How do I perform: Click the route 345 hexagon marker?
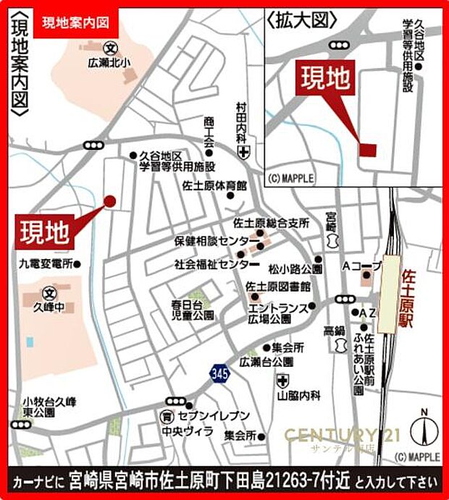point(218,373)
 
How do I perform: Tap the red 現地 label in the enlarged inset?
point(326,77)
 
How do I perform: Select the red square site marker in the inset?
point(368,149)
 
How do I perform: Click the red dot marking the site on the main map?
point(110,201)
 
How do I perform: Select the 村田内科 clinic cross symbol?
point(244,152)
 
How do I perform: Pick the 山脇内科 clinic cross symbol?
point(282,381)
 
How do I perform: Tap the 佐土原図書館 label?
point(278,286)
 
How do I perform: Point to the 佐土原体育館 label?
point(215,185)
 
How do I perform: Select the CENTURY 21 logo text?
point(332,435)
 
